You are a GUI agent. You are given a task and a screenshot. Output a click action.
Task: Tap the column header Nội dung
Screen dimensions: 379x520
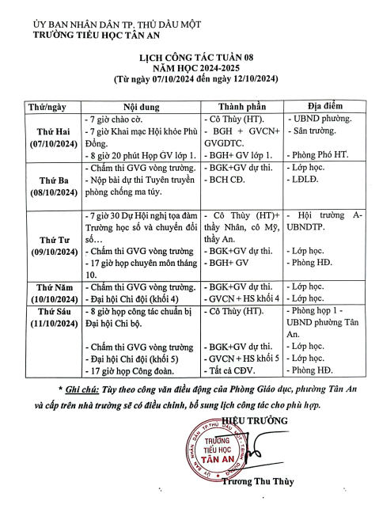point(141,106)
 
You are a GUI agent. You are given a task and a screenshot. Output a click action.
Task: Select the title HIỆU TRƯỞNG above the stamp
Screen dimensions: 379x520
point(253,419)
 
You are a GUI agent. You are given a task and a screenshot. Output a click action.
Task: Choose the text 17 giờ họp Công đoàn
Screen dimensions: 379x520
point(129,369)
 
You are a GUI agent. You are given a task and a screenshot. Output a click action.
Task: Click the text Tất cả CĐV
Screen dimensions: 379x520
point(233,369)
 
